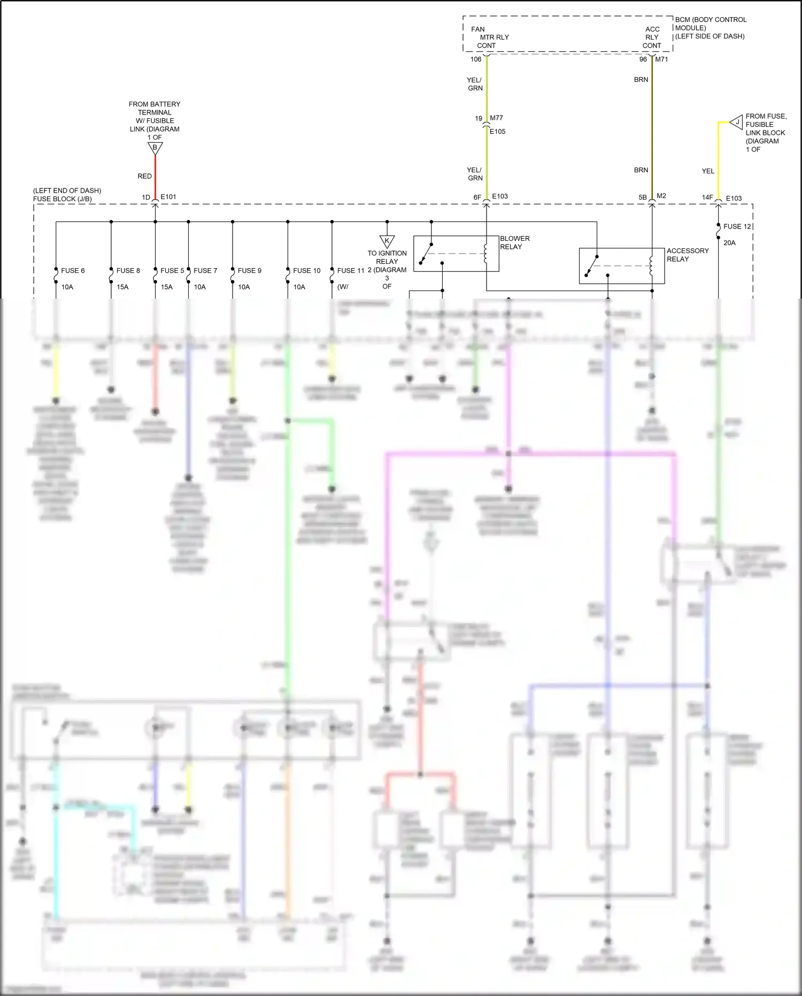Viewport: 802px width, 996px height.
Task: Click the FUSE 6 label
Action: pyautogui.click(x=73, y=271)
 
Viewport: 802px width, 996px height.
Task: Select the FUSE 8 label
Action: pyautogui.click(x=128, y=271)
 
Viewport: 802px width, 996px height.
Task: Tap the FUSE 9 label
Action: pyautogui.click(x=249, y=271)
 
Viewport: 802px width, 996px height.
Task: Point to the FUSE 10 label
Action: pyautogui.click(x=306, y=271)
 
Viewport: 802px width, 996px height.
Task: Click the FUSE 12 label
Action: pyautogui.click(x=737, y=227)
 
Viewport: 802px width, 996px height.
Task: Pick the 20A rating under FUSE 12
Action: pyautogui.click(x=729, y=243)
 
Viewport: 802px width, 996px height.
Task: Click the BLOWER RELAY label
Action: pyautogui.click(x=514, y=242)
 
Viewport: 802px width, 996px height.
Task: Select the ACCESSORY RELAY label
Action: pyautogui.click(x=687, y=255)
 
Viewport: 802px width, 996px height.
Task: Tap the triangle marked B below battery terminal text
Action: pyautogui.click(x=155, y=148)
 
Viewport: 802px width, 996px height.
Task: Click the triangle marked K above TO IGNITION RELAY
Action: pyautogui.click(x=387, y=241)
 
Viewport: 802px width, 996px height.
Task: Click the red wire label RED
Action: pyautogui.click(x=144, y=176)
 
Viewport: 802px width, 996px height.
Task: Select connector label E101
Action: pyautogui.click(x=168, y=197)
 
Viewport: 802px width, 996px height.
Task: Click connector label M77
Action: pyautogui.click(x=496, y=118)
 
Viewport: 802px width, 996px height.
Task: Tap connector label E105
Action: pyautogui.click(x=497, y=132)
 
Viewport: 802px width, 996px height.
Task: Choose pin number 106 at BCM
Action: pyautogui.click(x=476, y=59)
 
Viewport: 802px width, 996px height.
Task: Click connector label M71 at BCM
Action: pyautogui.click(x=661, y=59)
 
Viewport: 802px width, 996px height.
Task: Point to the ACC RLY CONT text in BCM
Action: pyautogui.click(x=652, y=37)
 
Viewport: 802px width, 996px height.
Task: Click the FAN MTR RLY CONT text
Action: pyautogui.click(x=489, y=37)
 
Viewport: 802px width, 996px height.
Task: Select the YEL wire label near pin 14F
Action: pyautogui.click(x=708, y=171)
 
